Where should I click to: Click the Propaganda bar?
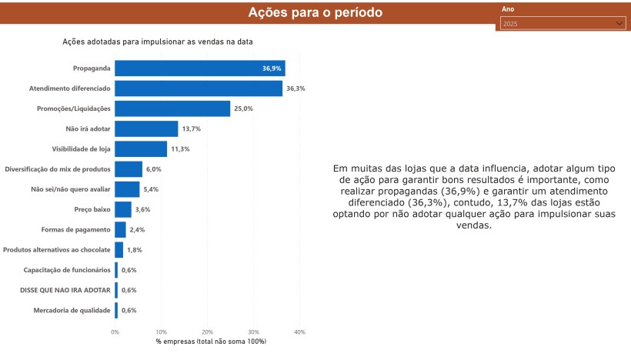[200, 68]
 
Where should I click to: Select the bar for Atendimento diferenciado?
[199, 88]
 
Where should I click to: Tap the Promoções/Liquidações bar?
[172, 108]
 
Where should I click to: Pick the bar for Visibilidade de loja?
[141, 148]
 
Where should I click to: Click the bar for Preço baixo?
[123, 209]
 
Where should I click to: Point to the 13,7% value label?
[191, 128]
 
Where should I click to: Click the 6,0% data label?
[154, 169]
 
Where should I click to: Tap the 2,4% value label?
[137, 230]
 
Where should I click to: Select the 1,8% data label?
[135, 250]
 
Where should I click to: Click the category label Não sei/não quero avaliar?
[71, 189]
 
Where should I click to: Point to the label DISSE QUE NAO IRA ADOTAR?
[65, 290]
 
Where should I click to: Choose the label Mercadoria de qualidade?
[72, 311]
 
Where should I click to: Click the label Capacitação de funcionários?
[67, 270]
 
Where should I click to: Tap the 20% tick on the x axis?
[207, 332]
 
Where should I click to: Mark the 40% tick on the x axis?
[299, 332]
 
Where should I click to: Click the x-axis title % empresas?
[211, 342]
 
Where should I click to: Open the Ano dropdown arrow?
[619, 23]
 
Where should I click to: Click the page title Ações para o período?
[315, 12]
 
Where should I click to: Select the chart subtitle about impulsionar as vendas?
[158, 42]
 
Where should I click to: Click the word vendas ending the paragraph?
[474, 225]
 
